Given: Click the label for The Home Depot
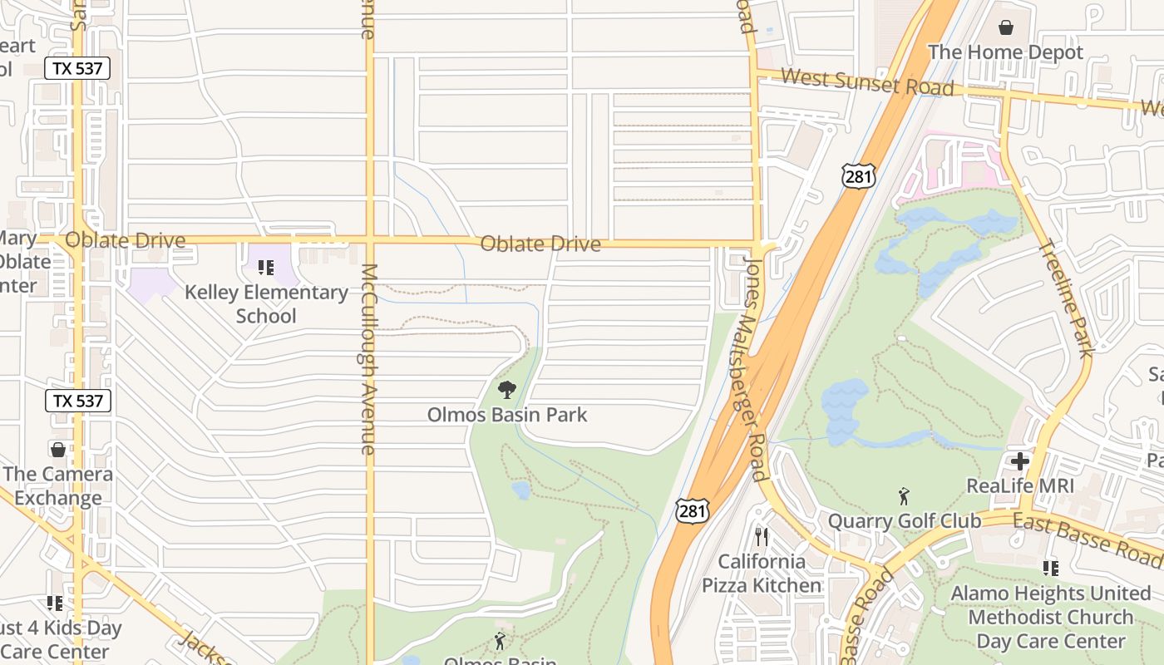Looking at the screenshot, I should tap(1005, 52).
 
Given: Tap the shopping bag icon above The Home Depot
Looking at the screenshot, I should tap(1006, 27).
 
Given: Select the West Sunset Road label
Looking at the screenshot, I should tap(867, 82).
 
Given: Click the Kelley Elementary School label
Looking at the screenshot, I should tap(266, 303).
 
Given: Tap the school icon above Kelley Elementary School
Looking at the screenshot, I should tap(266, 268).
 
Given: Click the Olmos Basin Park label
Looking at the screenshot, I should tap(507, 414).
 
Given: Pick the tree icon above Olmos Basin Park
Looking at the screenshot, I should tap(506, 389).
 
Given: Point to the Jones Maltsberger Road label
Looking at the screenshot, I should tap(755, 369).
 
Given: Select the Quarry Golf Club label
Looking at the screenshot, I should tap(905, 521).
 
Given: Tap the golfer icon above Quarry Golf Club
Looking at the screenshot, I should tap(904, 496).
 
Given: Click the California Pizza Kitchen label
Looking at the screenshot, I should tap(762, 574).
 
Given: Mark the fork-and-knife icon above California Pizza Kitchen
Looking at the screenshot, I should tap(761, 537).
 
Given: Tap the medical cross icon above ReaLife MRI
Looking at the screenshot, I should tap(1020, 461).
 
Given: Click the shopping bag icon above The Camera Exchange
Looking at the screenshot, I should tap(58, 450).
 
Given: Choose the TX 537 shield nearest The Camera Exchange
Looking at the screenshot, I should tap(78, 401).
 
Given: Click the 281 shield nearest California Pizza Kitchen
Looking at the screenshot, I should tap(693, 511).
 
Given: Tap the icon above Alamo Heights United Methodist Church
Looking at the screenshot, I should tap(1051, 569).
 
